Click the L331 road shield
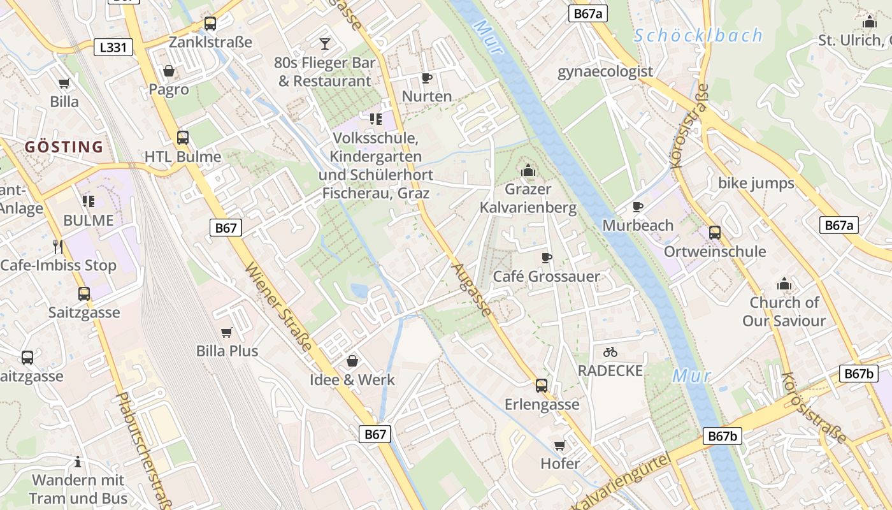tap(113, 47)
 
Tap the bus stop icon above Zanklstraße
tap(210, 24)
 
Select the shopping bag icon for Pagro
tap(169, 70)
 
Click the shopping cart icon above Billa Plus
tap(226, 332)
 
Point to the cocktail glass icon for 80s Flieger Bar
tap(325, 43)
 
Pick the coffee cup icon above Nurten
tap(427, 78)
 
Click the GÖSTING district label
tap(64, 147)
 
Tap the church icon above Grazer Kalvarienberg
tap(528, 170)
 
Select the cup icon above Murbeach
tap(638, 207)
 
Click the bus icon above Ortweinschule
tap(715, 233)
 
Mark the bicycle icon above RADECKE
tap(610, 351)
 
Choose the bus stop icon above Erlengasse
tap(542, 385)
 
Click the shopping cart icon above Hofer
tap(560, 444)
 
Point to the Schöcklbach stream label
tap(698, 36)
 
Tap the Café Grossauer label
tap(547, 276)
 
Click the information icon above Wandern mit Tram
tap(78, 462)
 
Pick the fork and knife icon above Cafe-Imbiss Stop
tap(58, 247)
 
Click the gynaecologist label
tap(605, 71)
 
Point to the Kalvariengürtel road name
tap(621, 482)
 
